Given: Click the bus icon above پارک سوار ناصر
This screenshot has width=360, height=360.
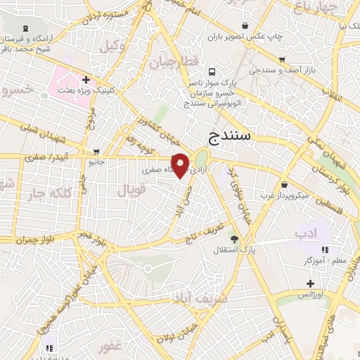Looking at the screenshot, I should (x=212, y=71).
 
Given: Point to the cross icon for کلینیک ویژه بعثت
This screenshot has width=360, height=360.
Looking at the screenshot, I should (x=86, y=80).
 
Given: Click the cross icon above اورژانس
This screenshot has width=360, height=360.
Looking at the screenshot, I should (x=309, y=283).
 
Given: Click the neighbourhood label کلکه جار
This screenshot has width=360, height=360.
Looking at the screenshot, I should (x=49, y=193).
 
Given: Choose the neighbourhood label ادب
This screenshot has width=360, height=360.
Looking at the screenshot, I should (x=307, y=233).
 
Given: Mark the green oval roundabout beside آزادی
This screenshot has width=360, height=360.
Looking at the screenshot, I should (x=202, y=159).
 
